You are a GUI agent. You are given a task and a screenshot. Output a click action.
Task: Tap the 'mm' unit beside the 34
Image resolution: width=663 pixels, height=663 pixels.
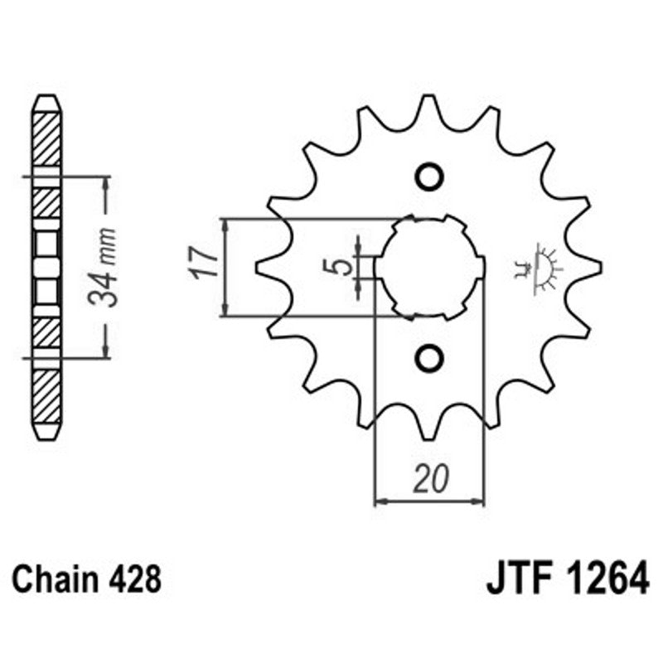tap(104, 244)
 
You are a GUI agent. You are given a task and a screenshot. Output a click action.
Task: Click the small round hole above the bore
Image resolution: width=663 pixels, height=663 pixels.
tap(429, 177)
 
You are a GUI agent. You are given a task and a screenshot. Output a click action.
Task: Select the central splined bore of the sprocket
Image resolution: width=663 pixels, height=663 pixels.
tap(429, 267)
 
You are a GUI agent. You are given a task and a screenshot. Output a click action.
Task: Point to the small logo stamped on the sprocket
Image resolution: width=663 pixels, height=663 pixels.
tap(539, 267)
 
